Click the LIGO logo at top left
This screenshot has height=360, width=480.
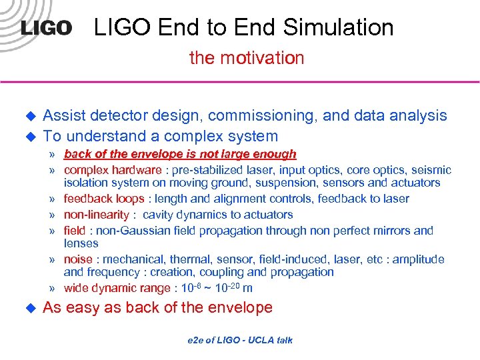[x=45, y=28]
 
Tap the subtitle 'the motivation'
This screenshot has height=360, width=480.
[x=247, y=58]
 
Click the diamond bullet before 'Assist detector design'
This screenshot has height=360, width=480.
[x=29, y=115]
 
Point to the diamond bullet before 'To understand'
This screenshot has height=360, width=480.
[x=29, y=137]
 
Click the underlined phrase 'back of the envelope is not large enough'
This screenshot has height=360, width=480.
[x=179, y=154]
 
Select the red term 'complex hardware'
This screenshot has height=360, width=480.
[x=112, y=170]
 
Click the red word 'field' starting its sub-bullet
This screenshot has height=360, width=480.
[x=74, y=231]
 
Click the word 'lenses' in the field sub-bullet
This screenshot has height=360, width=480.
[x=81, y=243]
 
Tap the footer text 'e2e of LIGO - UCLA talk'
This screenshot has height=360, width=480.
[x=239, y=340]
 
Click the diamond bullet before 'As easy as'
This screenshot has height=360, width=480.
[x=29, y=308]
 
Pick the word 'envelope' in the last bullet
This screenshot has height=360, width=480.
[x=242, y=308]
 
